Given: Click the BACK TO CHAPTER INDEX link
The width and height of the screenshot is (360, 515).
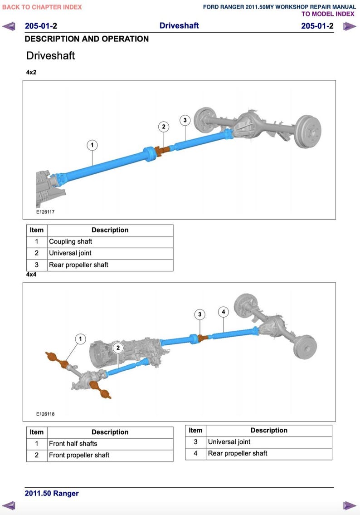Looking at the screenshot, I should point(42,7).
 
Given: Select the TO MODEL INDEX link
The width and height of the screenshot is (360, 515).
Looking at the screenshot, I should point(328,14).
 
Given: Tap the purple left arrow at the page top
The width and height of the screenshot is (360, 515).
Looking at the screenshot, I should point(9,26).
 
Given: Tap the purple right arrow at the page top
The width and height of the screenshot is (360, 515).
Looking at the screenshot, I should point(349,26).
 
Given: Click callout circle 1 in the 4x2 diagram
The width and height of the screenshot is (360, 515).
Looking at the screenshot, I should point(92,145).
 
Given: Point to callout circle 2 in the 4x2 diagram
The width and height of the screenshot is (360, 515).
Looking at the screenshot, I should point(164,127).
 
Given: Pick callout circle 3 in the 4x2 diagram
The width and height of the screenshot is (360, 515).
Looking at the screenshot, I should point(185,120).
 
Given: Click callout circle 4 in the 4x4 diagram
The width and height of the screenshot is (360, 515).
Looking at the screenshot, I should point(223,312).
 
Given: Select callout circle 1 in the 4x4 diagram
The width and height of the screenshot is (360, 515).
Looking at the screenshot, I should point(80,339).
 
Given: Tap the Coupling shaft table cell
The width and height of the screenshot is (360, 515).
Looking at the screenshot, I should point(71,242).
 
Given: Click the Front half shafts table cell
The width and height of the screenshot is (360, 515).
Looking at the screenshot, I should point(73,444).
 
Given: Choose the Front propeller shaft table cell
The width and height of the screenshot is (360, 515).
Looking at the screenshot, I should point(79,455).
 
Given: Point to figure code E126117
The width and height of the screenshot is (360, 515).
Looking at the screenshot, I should point(45,212).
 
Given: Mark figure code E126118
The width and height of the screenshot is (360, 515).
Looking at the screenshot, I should point(45,414).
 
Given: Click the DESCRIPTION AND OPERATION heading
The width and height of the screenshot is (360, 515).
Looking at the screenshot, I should point(87,39).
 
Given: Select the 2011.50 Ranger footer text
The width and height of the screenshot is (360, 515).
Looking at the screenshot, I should point(52,494).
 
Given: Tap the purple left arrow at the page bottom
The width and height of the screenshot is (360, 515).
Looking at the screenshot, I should point(9,505).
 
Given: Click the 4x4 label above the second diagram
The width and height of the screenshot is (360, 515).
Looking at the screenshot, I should point(31,275).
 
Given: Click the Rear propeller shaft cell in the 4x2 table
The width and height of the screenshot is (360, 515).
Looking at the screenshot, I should point(78,265).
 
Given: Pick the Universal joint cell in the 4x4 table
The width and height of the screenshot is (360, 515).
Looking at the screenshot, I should point(229,442).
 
